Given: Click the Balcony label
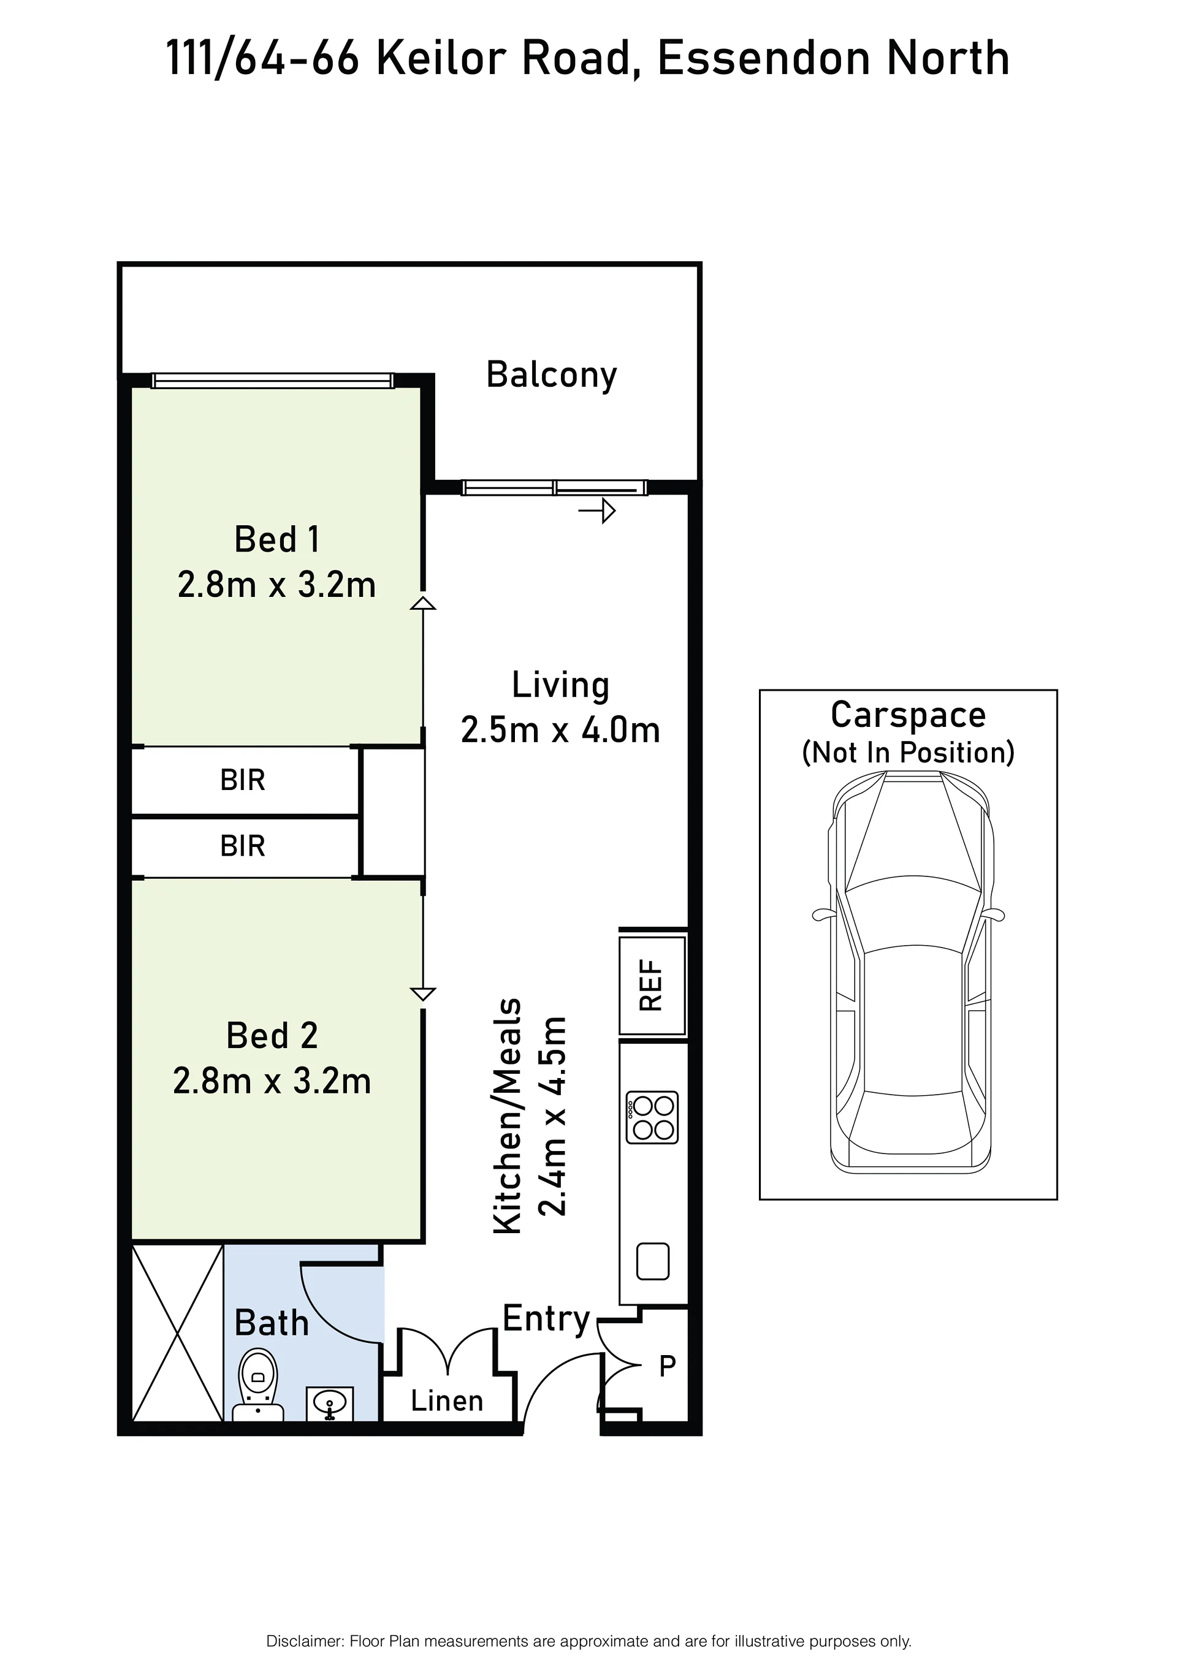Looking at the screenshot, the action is (552, 376).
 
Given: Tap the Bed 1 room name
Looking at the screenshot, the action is (277, 539).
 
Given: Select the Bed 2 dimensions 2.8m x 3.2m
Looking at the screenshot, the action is (272, 1081).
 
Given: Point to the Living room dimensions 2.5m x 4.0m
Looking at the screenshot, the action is (560, 730).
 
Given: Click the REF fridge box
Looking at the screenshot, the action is (652, 985).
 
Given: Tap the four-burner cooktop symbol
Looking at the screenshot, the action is (652, 1117).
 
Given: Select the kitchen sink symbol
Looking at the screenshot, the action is (652, 1261).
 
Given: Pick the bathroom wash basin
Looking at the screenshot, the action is (330, 1404).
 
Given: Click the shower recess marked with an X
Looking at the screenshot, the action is (178, 1332).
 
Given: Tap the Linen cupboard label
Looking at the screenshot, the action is (446, 1401).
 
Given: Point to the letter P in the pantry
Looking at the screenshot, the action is (668, 1366).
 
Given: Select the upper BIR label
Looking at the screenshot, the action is (243, 781).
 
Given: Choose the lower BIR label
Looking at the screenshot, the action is (243, 846).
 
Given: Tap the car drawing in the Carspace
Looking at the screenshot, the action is (911, 972).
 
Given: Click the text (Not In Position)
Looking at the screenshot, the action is (908, 753).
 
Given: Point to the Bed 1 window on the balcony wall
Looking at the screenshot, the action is (273, 381).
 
